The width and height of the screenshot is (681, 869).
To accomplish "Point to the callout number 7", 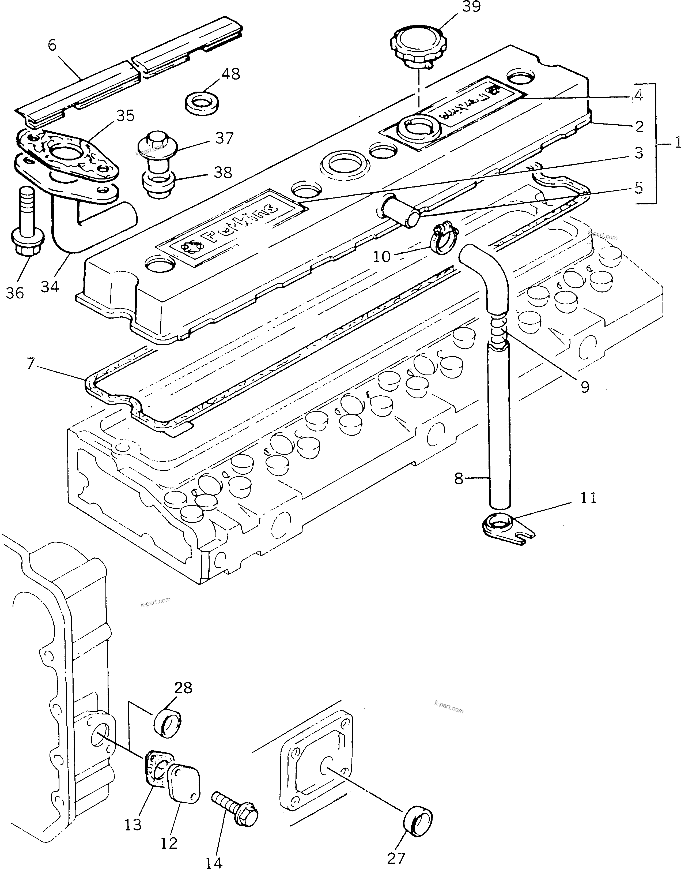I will click(x=31, y=364).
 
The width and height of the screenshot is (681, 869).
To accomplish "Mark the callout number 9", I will click(x=585, y=386).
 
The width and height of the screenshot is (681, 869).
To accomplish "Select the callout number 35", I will click(x=125, y=116).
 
